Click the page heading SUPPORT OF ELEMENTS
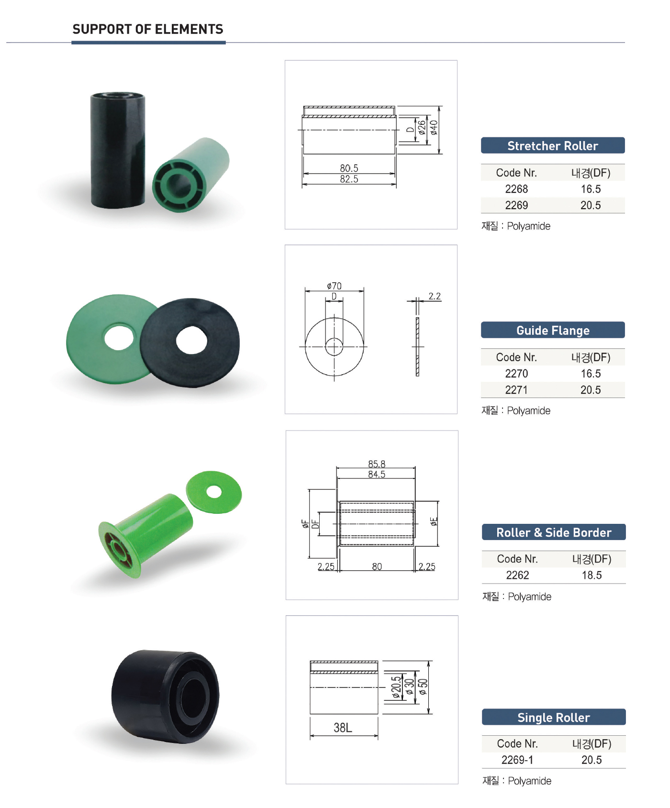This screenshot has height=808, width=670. pos(148,29)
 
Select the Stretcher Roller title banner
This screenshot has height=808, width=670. pos(553,145)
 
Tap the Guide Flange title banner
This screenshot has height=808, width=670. pos(553,330)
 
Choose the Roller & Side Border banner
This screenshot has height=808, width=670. pos(554,532)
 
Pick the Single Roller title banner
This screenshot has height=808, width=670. pos(554,717)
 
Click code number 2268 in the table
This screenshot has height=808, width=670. pos(516,189)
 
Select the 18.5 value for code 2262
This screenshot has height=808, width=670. pos(592,575)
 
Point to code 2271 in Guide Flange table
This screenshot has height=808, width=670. pos(516,390)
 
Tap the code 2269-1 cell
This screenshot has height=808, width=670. pos(517,760)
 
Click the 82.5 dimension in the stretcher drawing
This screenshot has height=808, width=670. pos(349,179)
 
